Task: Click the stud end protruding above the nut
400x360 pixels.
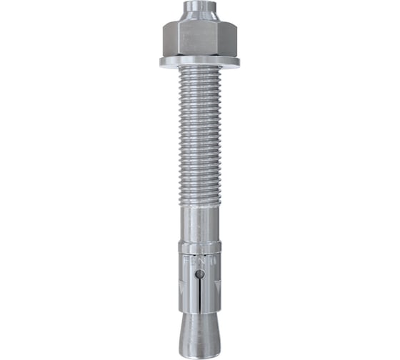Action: tap(199, 9)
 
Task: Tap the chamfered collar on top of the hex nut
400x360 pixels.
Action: tap(199, 21)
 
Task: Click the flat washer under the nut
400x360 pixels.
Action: tap(199, 62)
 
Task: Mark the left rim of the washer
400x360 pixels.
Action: tap(163, 62)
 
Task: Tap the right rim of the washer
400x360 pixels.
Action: tap(236, 62)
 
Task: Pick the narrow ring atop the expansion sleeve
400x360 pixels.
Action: tap(199, 246)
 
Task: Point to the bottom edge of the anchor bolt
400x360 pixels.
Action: tap(199, 351)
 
